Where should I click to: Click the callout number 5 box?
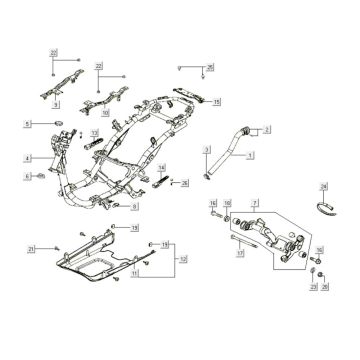29,123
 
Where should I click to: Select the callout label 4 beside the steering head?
29,156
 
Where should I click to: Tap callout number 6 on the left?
29,176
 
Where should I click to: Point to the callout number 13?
96,133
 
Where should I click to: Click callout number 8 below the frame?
134,206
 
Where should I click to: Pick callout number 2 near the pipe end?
266,129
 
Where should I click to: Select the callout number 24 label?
323,186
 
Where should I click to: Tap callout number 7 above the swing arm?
254,203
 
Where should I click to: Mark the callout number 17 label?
240,254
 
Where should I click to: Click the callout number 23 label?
313,287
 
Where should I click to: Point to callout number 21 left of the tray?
31,248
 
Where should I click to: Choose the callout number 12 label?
181,258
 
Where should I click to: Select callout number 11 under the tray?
164,272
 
